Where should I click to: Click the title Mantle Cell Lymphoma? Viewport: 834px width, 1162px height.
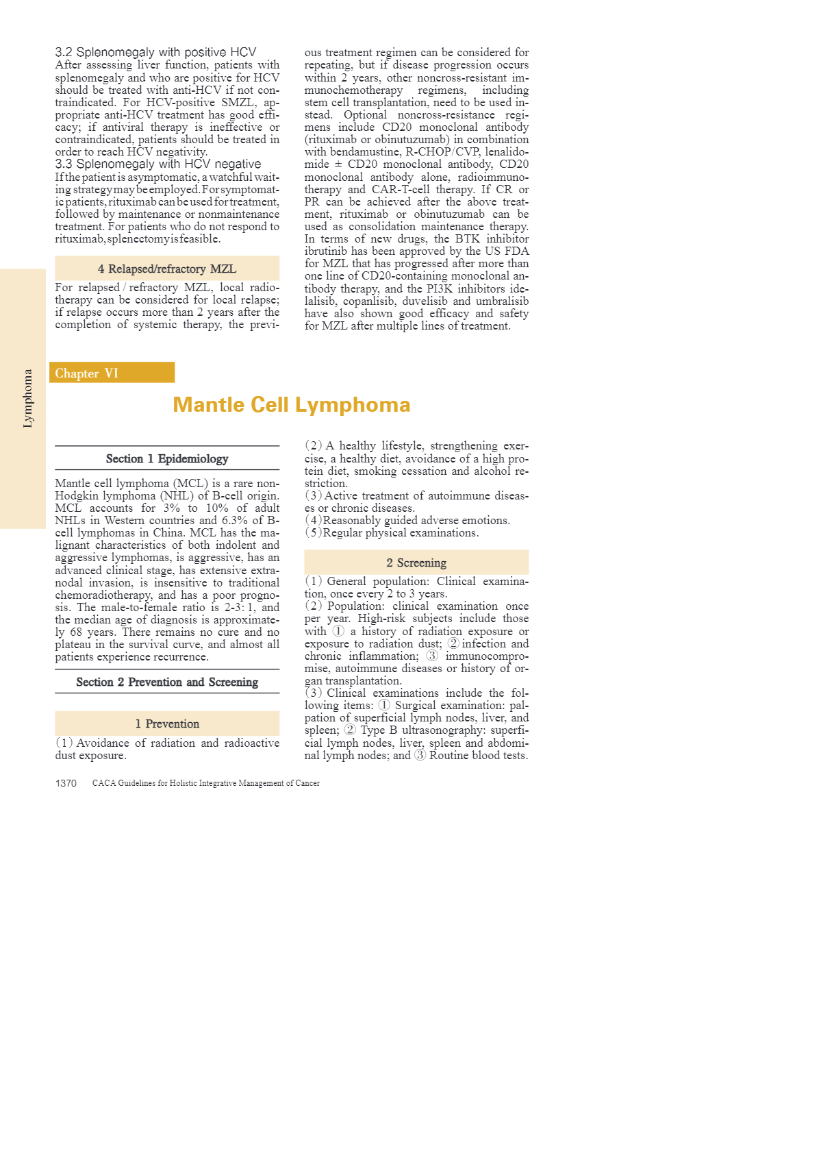(x=291, y=405)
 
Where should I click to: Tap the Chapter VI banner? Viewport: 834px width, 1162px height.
(x=112, y=373)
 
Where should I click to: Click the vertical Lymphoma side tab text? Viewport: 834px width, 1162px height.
(x=27, y=398)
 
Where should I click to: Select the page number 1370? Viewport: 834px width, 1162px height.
(x=66, y=783)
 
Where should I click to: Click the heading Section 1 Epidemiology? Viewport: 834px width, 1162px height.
(x=167, y=458)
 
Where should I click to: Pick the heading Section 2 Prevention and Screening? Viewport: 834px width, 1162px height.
(x=167, y=682)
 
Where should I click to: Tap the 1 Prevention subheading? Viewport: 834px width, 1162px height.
(x=167, y=724)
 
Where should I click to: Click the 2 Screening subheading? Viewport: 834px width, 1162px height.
(x=416, y=563)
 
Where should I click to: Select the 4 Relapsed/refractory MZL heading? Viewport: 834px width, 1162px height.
(x=167, y=269)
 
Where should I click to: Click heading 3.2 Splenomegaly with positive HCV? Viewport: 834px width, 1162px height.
(x=155, y=52)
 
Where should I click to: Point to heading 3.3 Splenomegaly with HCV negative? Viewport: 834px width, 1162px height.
(x=158, y=164)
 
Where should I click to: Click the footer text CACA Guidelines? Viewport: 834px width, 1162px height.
(x=206, y=783)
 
